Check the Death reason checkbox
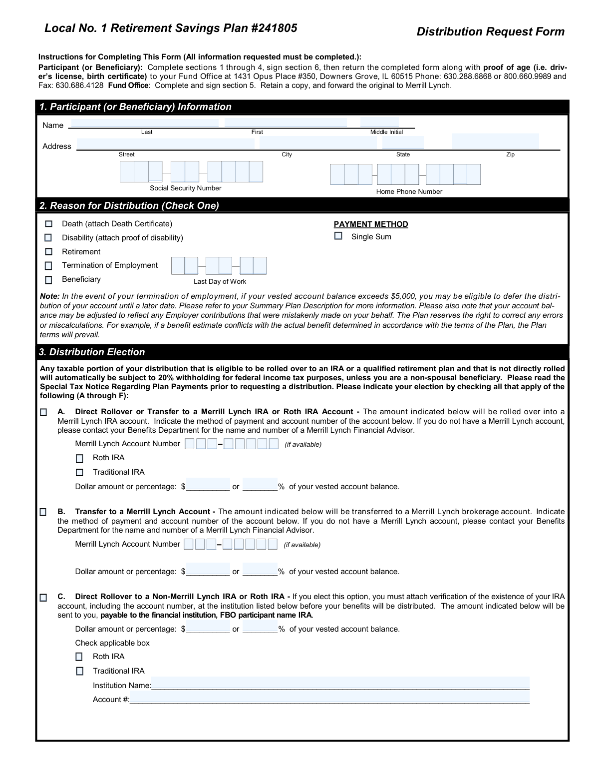coord(48,224)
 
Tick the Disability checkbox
coord(48,238)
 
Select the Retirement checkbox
coord(48,252)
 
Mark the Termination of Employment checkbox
coord(48,266)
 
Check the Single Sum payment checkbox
coord(338,236)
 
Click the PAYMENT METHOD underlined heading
coord(371,224)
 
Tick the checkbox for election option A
coord(43,412)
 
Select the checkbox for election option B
coord(43,512)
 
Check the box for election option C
coord(43,598)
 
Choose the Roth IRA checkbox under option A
coord(79,458)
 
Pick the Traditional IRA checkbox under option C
coord(79,671)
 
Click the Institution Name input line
coord(340,684)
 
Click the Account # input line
coord(329,698)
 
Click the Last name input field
coord(145,123)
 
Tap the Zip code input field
coord(495,141)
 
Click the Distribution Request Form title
coord(490,32)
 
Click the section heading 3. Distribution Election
coord(92,352)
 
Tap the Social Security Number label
coord(186,188)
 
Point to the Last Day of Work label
coord(220,282)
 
